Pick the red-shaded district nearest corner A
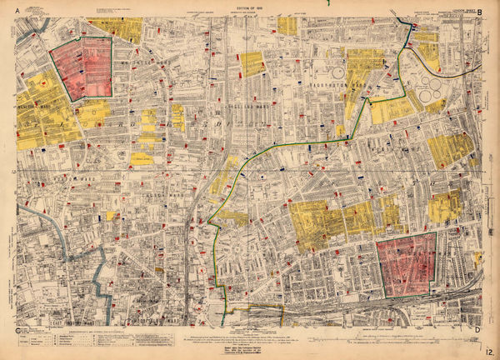tap(82, 67)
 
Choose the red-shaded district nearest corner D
tap(406, 265)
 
